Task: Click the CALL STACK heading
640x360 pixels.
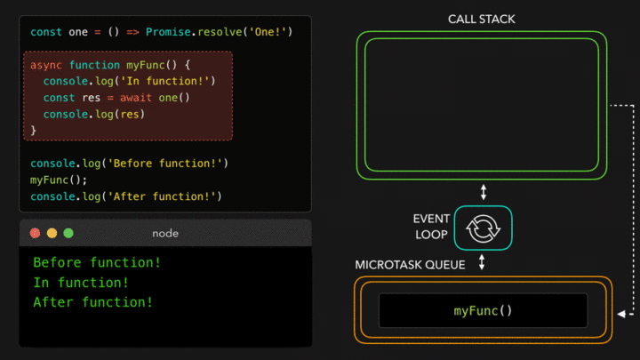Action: click(x=481, y=19)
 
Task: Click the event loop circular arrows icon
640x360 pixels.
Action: click(x=484, y=228)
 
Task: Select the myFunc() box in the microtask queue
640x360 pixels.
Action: click(x=483, y=310)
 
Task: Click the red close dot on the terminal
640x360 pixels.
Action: click(x=35, y=233)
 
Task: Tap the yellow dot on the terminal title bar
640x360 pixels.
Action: click(x=52, y=233)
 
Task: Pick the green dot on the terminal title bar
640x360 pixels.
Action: click(x=68, y=233)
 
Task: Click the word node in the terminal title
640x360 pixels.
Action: click(x=166, y=233)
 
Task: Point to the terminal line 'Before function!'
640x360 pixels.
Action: click(x=97, y=263)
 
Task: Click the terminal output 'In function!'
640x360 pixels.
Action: click(x=81, y=283)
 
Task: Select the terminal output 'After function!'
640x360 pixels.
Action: click(x=92, y=302)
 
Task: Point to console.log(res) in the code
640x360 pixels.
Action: click(x=93, y=114)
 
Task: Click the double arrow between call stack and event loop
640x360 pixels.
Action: click(x=484, y=192)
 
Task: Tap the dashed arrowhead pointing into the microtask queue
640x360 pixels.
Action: click(x=620, y=311)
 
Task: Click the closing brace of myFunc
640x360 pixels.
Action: click(x=34, y=131)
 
